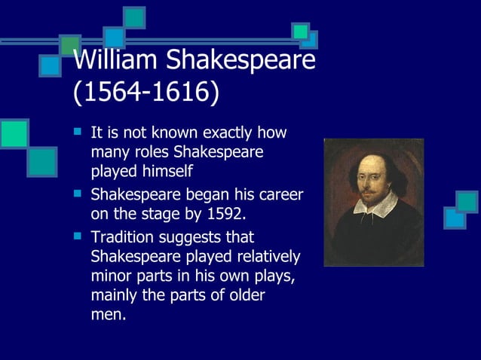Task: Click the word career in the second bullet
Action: [279, 194]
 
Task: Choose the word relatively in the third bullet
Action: [266, 257]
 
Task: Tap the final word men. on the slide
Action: [107, 315]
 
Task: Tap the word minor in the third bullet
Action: [112, 276]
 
